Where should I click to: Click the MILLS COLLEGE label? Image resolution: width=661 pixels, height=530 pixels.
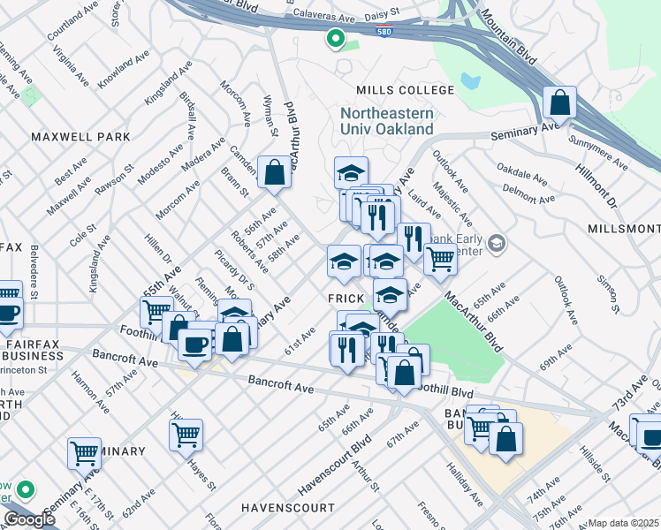pos(392,90)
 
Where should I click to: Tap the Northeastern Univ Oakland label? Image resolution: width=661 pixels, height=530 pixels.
pos(387,122)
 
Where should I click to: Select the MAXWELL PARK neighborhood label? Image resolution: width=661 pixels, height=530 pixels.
pos(80,137)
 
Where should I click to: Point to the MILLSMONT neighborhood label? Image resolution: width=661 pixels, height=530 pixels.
pos(623,229)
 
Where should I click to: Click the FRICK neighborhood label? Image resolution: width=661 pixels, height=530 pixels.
pos(346,299)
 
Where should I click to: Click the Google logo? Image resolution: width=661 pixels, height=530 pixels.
pos(29,519)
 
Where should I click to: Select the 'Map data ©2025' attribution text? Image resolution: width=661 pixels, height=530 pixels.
pos(624,523)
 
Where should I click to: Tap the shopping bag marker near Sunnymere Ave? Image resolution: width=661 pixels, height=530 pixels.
pos(560,103)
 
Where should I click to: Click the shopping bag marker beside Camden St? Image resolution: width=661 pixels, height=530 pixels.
pos(274,171)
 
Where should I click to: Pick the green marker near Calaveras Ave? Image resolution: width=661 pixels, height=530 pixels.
pos(335,38)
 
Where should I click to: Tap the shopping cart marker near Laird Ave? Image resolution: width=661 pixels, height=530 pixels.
pos(439,260)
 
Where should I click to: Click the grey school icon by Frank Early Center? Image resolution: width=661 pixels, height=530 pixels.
pos(497,242)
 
